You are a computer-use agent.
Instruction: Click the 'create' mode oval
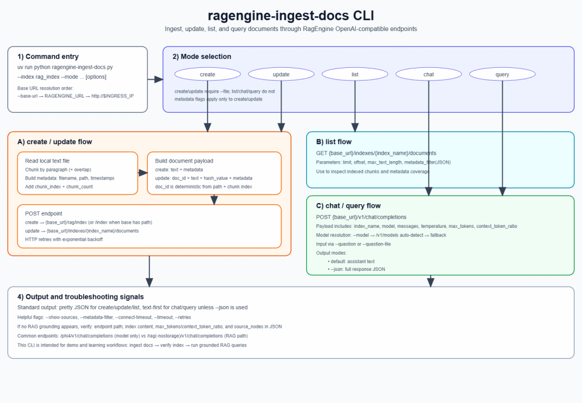[x=207, y=75]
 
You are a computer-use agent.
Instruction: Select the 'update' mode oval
[x=281, y=75]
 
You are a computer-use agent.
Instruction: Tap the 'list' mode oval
[x=355, y=75]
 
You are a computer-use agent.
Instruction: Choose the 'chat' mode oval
[x=429, y=75]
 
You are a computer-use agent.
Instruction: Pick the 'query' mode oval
[x=503, y=75]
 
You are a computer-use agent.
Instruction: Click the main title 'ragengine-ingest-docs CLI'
[x=290, y=16]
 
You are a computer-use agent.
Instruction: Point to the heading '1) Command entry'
[x=48, y=57]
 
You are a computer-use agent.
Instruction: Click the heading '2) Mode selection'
[x=202, y=57]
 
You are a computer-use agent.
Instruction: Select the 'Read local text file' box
[x=78, y=173]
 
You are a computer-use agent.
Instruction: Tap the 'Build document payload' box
[x=214, y=173]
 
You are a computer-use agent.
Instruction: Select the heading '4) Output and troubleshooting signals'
[x=81, y=297]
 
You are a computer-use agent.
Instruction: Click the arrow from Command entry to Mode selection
[x=155, y=79]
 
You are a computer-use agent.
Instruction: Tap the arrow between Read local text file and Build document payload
[x=143, y=173]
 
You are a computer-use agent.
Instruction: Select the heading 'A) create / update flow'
[x=55, y=142]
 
